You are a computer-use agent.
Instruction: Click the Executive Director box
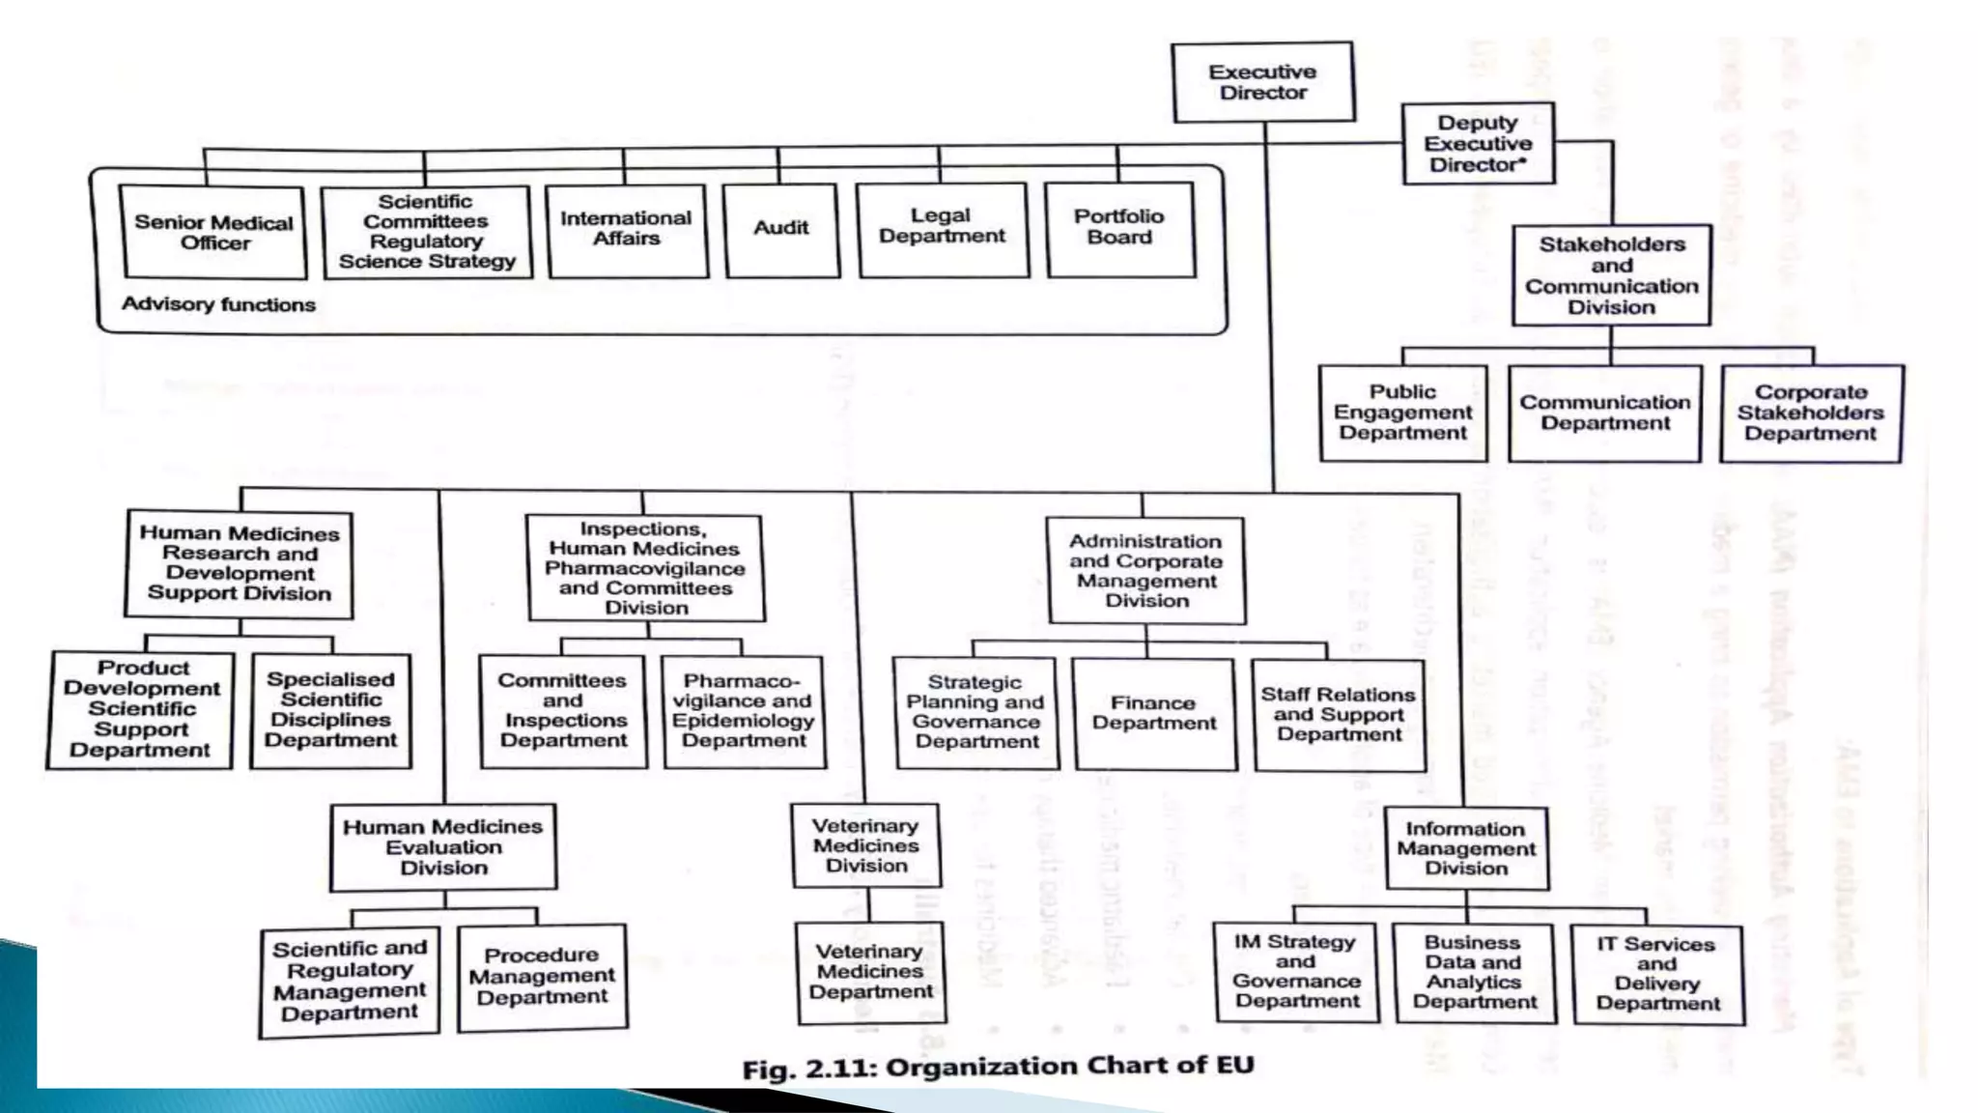pyautogui.click(x=1262, y=82)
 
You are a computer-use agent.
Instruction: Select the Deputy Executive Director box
pyautogui.click(x=1478, y=144)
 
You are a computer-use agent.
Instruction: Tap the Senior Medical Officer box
pyautogui.click(x=212, y=233)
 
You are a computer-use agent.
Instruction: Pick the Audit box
pyautogui.click(x=781, y=229)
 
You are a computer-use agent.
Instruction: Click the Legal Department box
pyautogui.click(x=943, y=229)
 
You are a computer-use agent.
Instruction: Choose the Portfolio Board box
pyautogui.click(x=1119, y=229)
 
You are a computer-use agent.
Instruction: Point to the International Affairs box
pyautogui.click(x=626, y=230)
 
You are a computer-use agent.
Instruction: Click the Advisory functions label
pyautogui.click(x=218, y=305)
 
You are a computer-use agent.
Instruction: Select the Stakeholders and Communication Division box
pyautogui.click(x=1611, y=275)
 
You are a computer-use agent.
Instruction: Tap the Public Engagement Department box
pyautogui.click(x=1402, y=413)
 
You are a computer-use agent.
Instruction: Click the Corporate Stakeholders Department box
pyautogui.click(x=1810, y=413)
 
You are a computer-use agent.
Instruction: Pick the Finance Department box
pyautogui.click(x=1153, y=713)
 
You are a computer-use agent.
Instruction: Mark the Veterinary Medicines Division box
pyautogui.click(x=865, y=845)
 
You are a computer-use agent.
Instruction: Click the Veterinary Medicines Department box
pyautogui.click(x=870, y=972)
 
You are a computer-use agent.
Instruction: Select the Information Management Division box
pyautogui.click(x=1466, y=848)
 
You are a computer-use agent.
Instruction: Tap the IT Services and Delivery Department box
pyautogui.click(x=1656, y=974)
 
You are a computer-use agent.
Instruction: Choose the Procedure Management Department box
pyautogui.click(x=542, y=977)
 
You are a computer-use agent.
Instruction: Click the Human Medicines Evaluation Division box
pyautogui.click(x=443, y=847)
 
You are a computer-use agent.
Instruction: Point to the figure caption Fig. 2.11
pyautogui.click(x=998, y=1068)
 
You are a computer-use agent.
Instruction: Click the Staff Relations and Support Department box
pyautogui.click(x=1338, y=714)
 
